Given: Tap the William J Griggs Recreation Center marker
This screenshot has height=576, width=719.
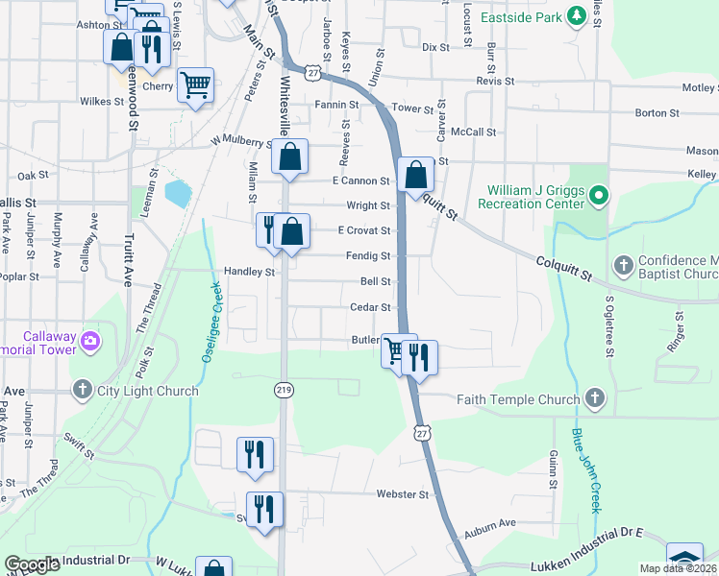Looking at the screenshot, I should [x=600, y=197].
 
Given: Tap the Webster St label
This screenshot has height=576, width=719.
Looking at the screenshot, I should [x=402, y=494].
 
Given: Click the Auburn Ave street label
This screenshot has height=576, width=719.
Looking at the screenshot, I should [x=490, y=523].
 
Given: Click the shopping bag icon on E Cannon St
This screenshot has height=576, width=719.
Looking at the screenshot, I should [x=415, y=175].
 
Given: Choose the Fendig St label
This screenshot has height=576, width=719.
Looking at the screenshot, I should [x=368, y=256].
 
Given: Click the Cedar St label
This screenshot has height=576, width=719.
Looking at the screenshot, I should [x=371, y=308].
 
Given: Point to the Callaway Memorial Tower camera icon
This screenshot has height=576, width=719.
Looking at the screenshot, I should [x=89, y=340].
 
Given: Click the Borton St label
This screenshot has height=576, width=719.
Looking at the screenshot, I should [x=657, y=113].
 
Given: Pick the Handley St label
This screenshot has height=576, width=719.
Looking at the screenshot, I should [x=250, y=272].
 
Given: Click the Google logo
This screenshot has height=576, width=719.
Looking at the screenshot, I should [x=33, y=564].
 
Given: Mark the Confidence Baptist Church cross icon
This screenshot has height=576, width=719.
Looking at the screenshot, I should [x=623, y=264].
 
